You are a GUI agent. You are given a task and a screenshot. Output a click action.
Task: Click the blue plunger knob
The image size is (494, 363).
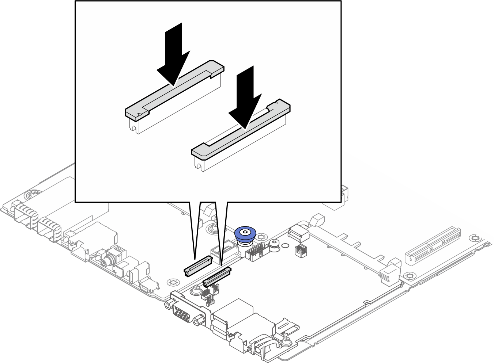pyautogui.click(x=245, y=233)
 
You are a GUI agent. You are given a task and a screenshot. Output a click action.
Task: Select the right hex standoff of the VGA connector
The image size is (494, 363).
pyautogui.click(x=199, y=321)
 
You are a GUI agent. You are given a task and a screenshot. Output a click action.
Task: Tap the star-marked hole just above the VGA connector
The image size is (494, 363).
pyautogui.click(x=173, y=282)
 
